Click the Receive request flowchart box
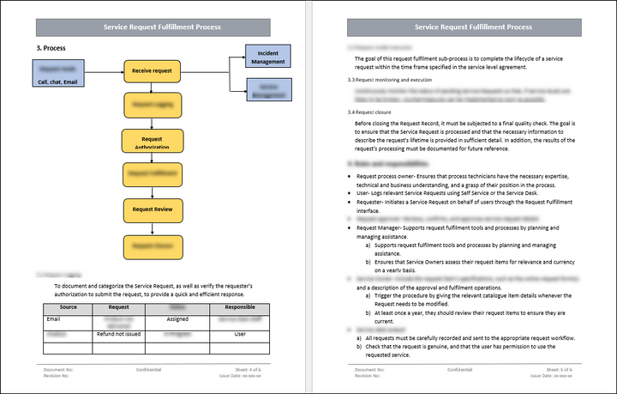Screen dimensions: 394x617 point(153,70)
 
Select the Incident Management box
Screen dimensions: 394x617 point(268,57)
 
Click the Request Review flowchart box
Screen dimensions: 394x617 point(153,209)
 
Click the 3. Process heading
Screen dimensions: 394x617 point(51,48)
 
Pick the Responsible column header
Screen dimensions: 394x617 point(240,306)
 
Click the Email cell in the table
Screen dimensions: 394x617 point(53,318)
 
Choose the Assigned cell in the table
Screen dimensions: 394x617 point(177,318)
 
